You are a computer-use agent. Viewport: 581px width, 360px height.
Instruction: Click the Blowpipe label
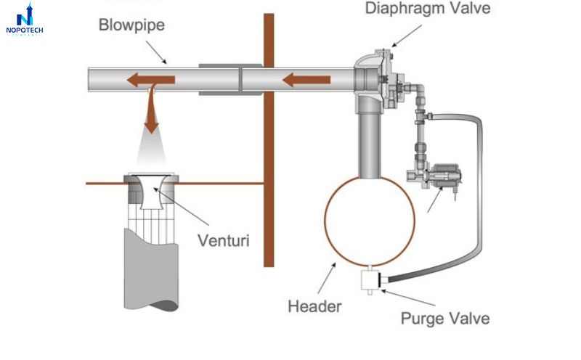coord(132,25)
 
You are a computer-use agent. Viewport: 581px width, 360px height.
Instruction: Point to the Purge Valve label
coord(445,318)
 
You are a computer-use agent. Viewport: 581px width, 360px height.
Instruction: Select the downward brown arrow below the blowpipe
coord(151,112)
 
